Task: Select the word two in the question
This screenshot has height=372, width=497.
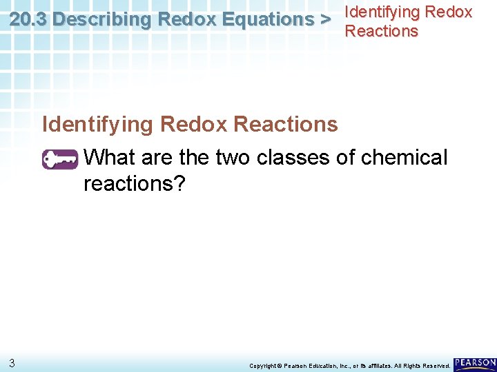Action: (233, 158)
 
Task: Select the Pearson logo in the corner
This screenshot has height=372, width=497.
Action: (475, 362)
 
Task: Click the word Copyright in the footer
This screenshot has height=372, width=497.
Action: (262, 365)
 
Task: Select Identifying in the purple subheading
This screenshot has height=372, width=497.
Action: (98, 125)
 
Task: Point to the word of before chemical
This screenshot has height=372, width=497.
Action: (347, 158)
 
